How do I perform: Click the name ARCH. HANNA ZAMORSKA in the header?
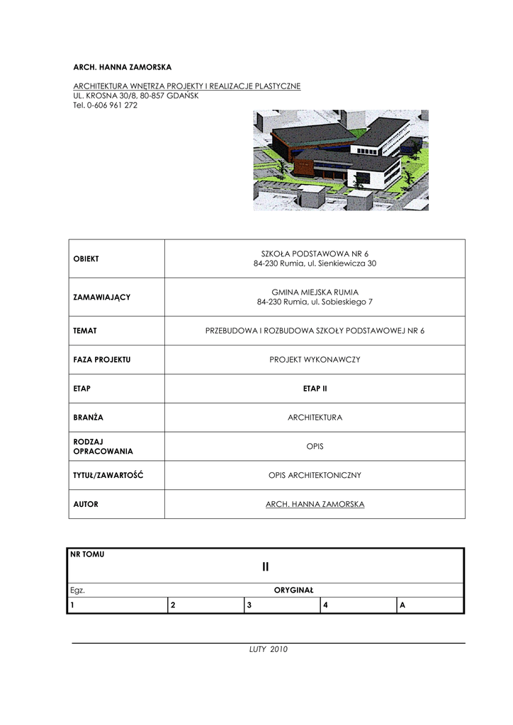(x=123, y=67)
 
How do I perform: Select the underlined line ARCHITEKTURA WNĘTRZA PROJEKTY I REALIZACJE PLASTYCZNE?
(x=187, y=86)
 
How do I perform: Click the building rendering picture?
(x=341, y=160)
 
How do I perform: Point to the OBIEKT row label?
(x=86, y=258)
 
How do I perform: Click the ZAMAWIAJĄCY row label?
(x=102, y=297)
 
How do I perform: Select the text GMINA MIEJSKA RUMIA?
(x=315, y=292)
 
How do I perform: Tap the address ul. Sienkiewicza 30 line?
(x=315, y=264)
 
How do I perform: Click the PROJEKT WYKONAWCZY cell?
(x=315, y=360)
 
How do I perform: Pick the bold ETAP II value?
(x=315, y=389)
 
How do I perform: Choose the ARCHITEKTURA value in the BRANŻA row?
(x=315, y=418)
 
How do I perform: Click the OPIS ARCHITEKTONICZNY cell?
(x=315, y=476)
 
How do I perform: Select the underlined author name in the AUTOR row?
(x=315, y=505)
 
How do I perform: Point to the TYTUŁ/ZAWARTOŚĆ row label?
(x=108, y=475)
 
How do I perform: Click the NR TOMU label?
(x=87, y=554)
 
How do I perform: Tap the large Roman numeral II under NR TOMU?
(x=266, y=566)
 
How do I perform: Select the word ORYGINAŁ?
(x=293, y=590)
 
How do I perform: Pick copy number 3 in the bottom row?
(x=249, y=605)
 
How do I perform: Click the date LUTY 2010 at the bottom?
(x=268, y=649)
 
